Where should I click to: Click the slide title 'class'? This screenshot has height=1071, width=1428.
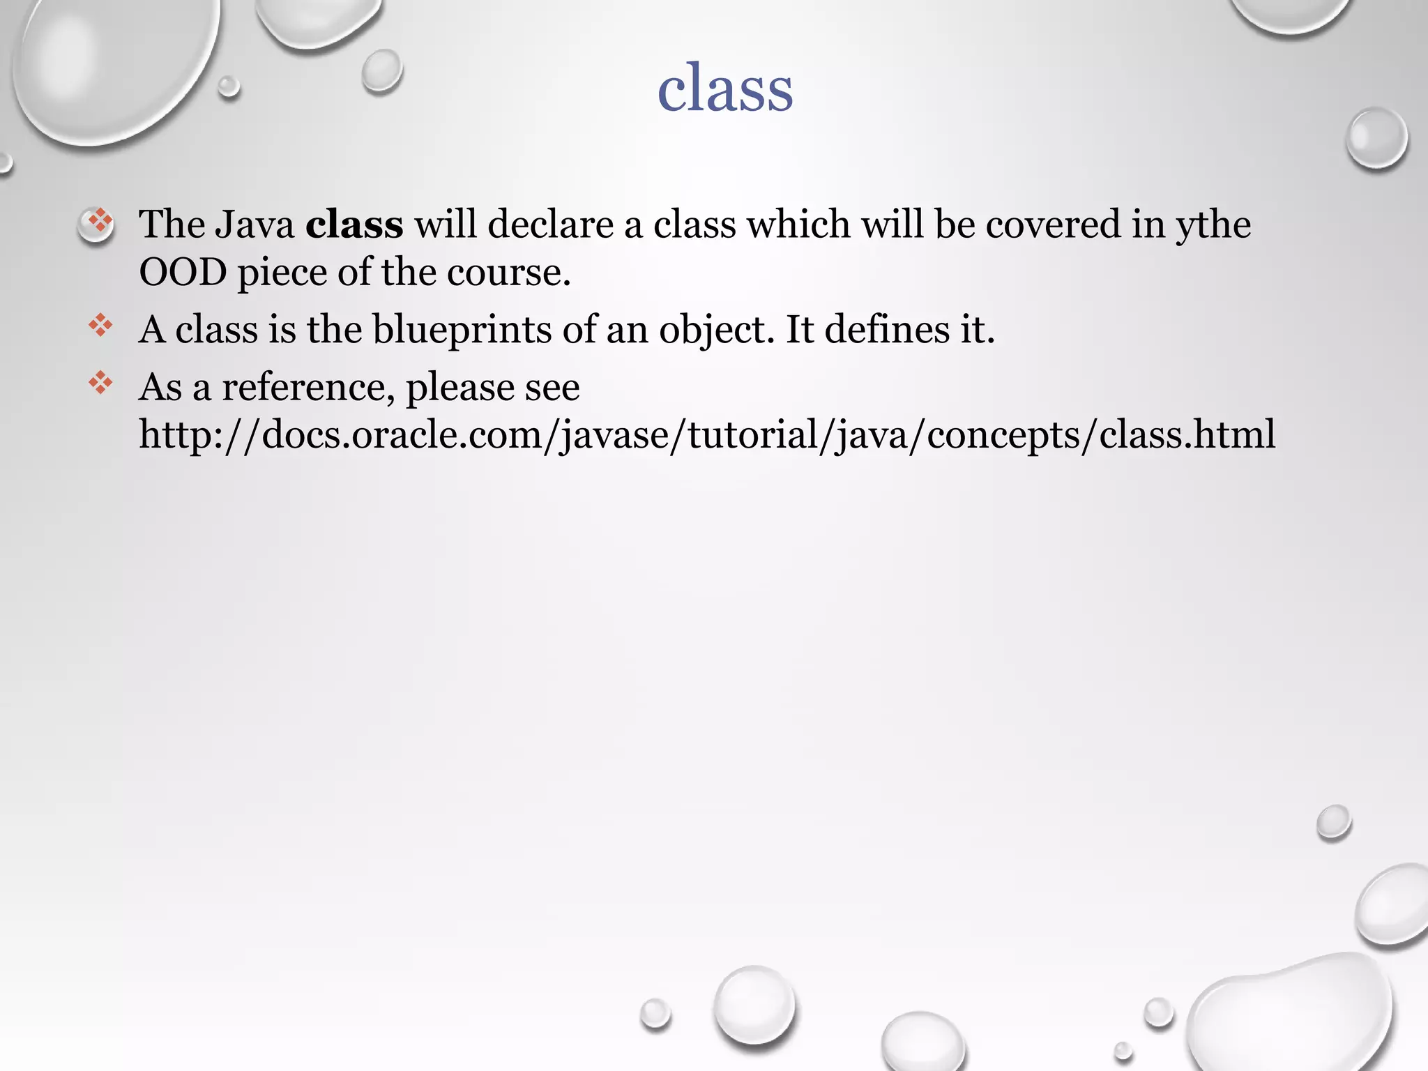coord(725,89)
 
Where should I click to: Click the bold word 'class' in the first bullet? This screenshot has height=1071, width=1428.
coord(354,225)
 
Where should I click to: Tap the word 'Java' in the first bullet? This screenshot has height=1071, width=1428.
coord(255,225)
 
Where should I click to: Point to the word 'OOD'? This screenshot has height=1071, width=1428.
coord(183,272)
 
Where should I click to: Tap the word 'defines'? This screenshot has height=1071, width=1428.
coord(887,329)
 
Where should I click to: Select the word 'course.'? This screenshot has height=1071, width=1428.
coord(508,272)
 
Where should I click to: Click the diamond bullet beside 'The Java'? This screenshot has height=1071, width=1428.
coord(100,222)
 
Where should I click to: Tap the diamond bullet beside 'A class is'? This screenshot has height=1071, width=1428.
coord(100,326)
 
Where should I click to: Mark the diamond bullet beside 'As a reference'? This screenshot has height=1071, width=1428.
coord(100,383)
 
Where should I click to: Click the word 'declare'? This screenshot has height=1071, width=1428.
coord(550,225)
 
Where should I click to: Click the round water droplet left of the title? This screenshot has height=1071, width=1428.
coord(381,71)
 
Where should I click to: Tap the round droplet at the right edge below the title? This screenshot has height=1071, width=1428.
coord(1376,138)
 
